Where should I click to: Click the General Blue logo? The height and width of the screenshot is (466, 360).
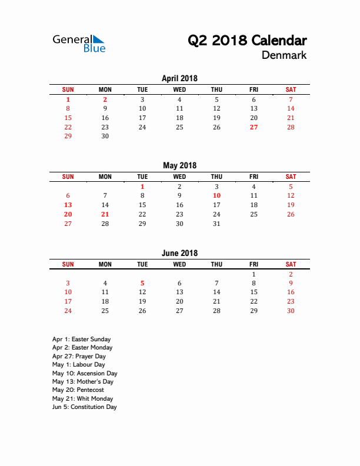click(79, 43)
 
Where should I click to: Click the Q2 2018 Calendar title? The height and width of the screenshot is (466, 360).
click(247, 41)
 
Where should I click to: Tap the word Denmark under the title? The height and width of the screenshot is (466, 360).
click(284, 55)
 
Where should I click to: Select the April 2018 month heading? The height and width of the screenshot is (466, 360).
click(179, 78)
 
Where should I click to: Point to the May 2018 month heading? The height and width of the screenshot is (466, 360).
click(179, 165)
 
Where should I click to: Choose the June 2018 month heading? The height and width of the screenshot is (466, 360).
click(179, 253)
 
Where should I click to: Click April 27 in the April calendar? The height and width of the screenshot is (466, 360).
click(254, 127)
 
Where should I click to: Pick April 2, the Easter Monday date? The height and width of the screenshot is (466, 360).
click(105, 99)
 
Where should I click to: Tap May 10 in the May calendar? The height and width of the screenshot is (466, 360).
click(216, 195)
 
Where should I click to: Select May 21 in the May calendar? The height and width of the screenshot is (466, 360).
click(105, 214)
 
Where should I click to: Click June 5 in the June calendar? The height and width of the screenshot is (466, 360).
click(142, 283)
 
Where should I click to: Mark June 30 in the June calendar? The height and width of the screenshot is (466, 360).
click(291, 311)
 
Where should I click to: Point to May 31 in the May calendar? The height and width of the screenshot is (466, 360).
click(216, 224)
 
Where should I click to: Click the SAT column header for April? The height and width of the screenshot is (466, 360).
click(291, 89)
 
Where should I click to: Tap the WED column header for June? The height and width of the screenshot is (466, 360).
click(179, 264)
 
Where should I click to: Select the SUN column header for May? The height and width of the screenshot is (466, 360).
click(68, 177)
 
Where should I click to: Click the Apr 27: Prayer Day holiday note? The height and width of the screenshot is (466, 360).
click(79, 356)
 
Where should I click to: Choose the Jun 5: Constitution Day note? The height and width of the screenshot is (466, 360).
click(84, 407)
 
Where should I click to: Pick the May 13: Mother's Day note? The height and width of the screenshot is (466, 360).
click(82, 381)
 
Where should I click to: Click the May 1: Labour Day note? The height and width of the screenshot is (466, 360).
click(78, 364)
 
